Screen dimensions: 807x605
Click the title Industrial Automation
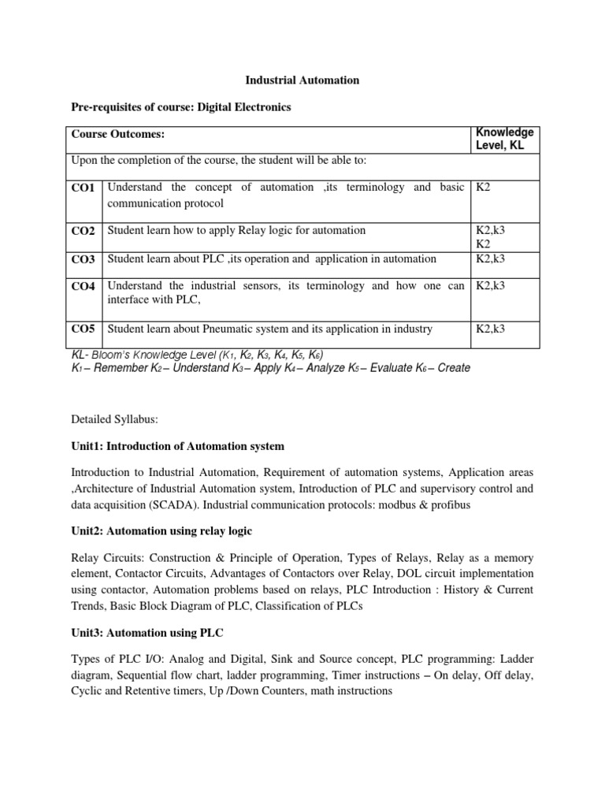click(x=302, y=80)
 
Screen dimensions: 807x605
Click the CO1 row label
click(x=83, y=188)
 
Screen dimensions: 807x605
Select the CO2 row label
click(x=83, y=231)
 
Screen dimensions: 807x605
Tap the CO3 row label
click(x=83, y=259)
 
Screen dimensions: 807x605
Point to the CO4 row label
click(x=83, y=287)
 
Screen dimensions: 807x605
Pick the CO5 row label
click(x=83, y=329)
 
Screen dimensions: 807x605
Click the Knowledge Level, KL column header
click(x=504, y=139)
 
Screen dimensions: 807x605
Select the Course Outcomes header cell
click(x=118, y=136)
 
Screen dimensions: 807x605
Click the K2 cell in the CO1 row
click(x=484, y=188)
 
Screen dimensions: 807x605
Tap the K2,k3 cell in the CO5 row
click(x=490, y=329)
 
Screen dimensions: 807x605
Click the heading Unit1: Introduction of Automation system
click(x=178, y=446)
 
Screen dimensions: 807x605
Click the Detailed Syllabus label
click(x=114, y=420)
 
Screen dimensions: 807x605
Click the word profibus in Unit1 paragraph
click(x=449, y=504)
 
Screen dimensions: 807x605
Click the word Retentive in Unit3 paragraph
click(x=158, y=691)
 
